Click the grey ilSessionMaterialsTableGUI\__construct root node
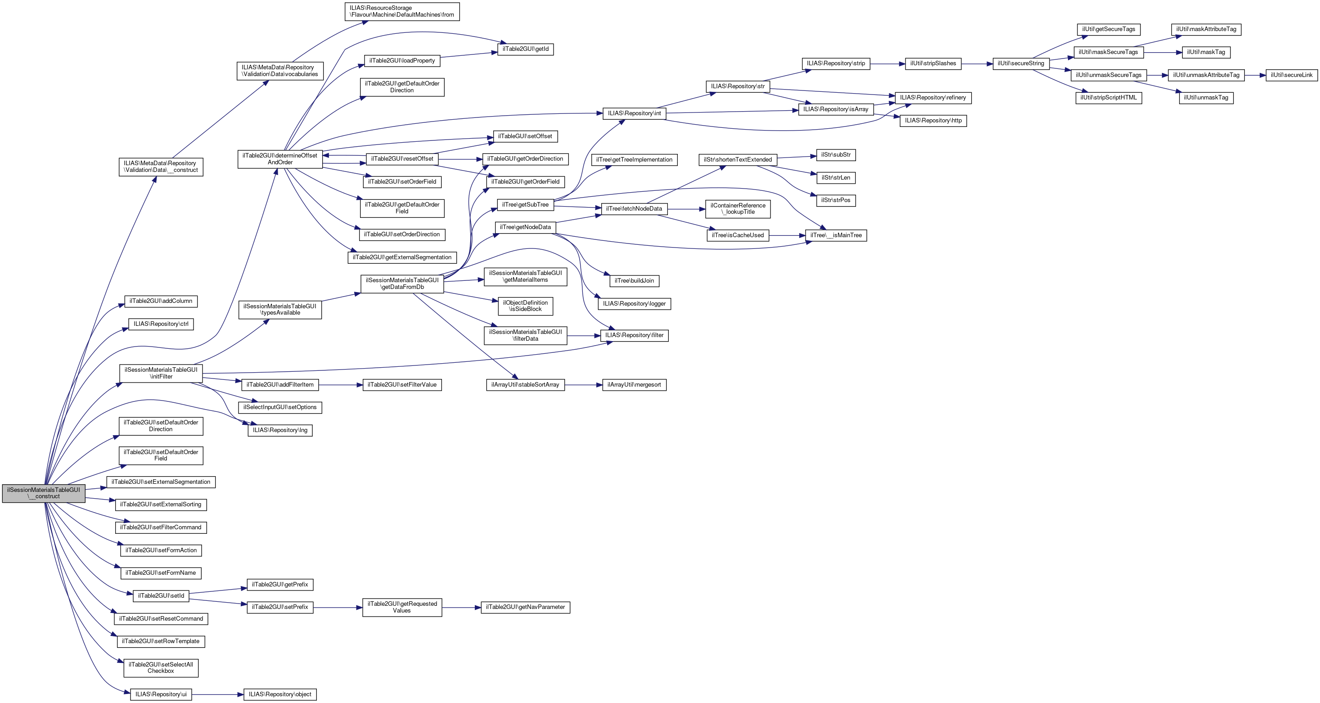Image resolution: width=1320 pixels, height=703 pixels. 44,493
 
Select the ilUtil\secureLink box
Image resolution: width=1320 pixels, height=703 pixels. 1291,75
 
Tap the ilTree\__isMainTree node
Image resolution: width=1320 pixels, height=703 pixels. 836,235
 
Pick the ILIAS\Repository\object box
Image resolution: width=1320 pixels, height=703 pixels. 280,694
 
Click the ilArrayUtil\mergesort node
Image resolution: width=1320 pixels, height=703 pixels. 634,384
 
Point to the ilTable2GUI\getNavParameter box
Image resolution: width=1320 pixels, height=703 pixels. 525,607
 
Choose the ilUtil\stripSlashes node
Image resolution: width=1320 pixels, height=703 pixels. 933,63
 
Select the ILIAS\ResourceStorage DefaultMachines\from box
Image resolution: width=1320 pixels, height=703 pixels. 402,11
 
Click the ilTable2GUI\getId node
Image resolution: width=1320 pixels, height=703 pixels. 525,49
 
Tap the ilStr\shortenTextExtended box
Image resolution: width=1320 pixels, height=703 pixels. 737,159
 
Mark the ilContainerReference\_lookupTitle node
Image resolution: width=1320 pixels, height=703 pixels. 737,208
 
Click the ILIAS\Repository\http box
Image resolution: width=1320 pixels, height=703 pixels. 933,121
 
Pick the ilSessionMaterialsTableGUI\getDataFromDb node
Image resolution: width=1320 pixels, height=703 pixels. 402,284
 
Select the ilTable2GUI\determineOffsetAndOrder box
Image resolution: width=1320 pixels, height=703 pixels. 280,159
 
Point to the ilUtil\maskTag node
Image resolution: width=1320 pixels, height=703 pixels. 1206,52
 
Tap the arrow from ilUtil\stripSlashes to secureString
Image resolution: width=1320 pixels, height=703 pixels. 977,63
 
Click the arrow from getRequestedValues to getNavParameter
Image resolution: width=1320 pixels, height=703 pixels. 461,607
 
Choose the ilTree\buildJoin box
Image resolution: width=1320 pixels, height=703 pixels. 634,281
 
